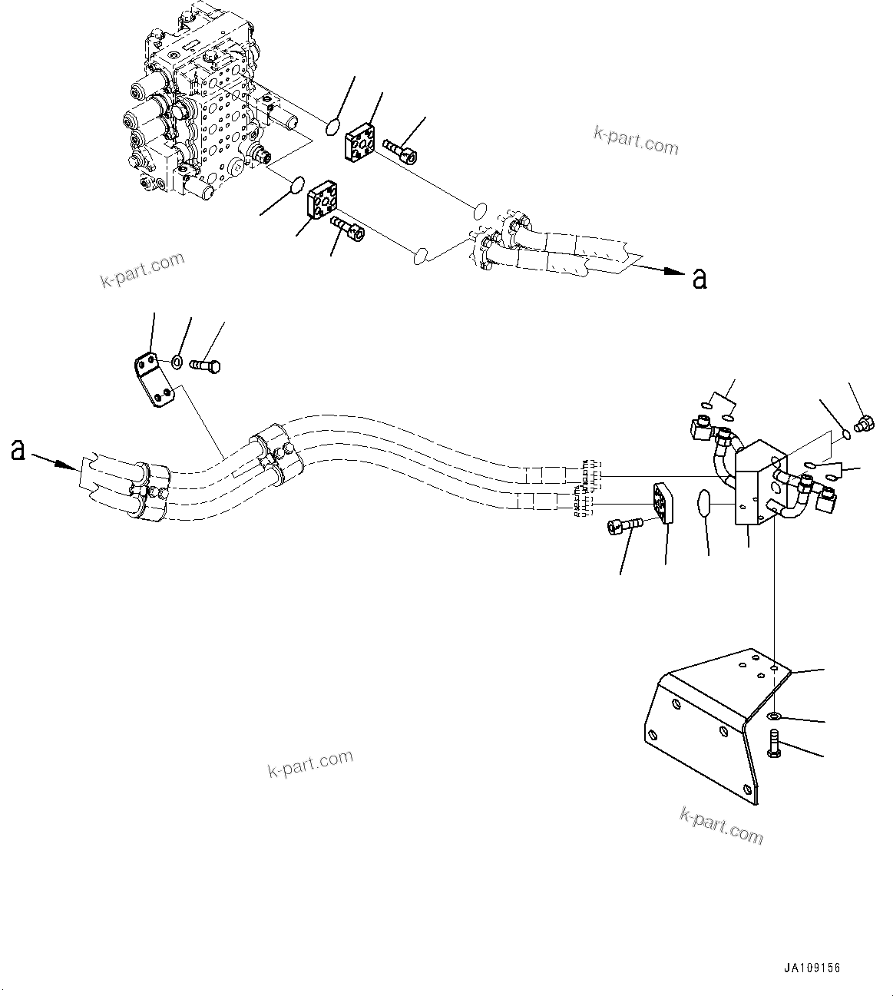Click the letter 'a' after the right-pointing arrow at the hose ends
pyautogui.click(x=699, y=279)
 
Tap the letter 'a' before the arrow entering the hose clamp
pyautogui.click(x=18, y=451)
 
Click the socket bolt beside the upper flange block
pyautogui.click(x=400, y=151)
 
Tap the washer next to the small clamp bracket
pyautogui.click(x=177, y=362)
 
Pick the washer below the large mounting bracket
pyautogui.click(x=775, y=716)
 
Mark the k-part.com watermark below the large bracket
pyautogui.click(x=721, y=825)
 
